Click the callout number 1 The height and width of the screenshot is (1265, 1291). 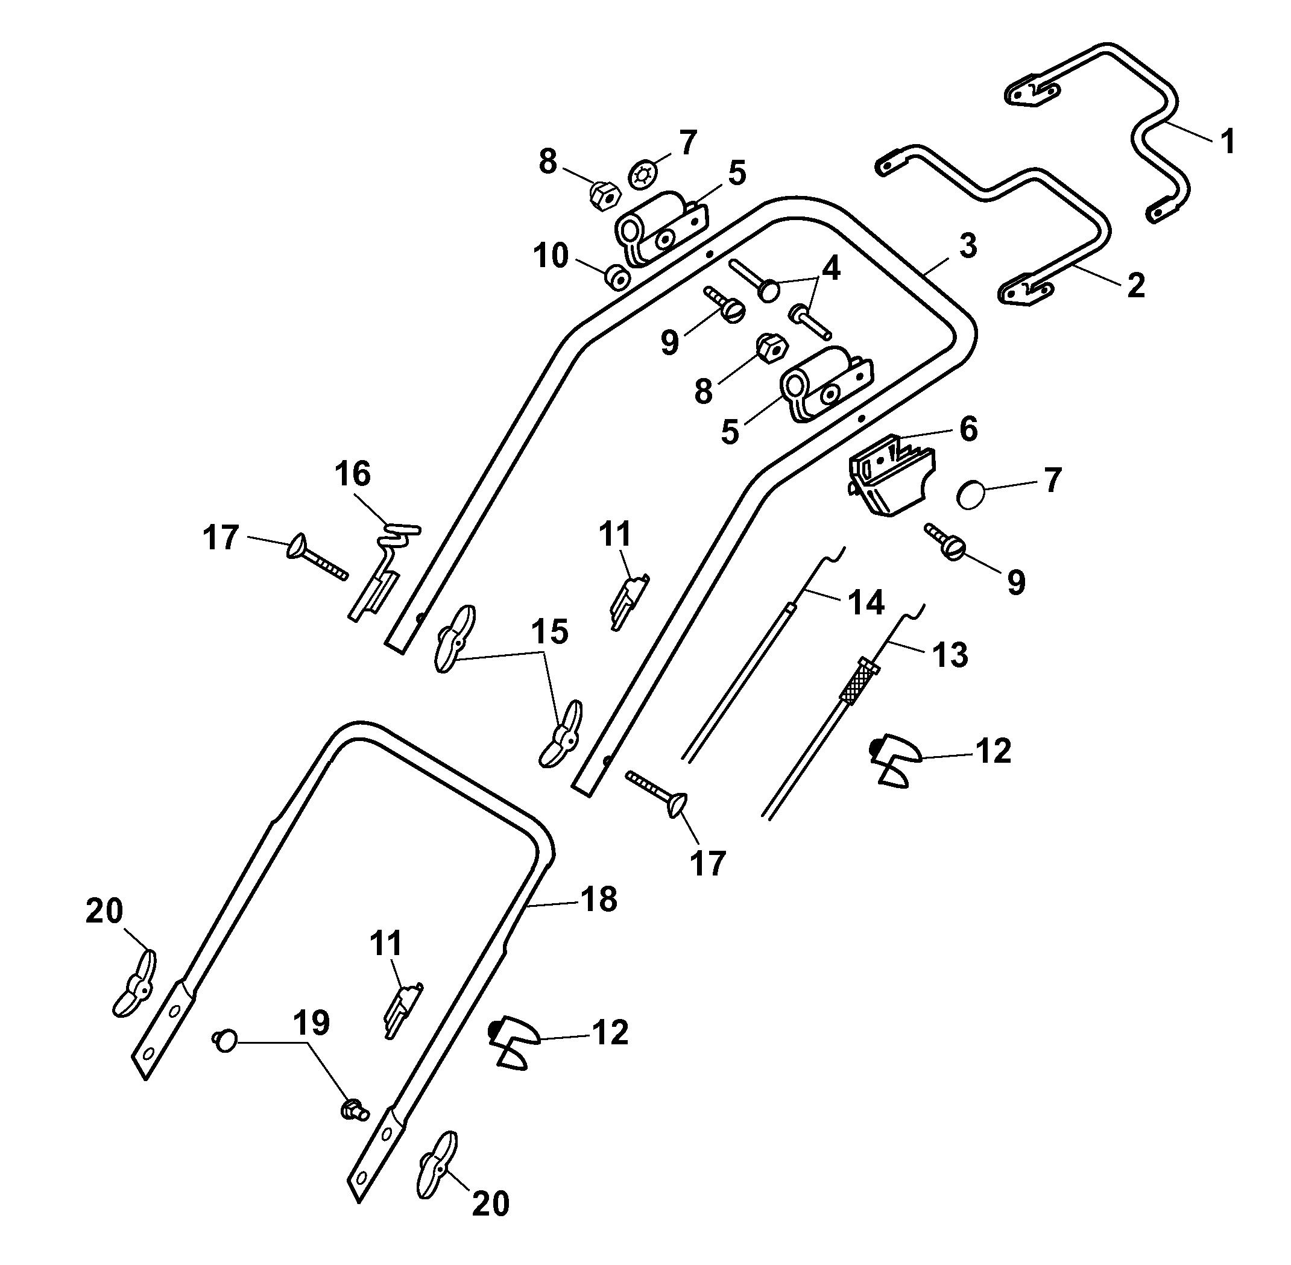[1227, 142]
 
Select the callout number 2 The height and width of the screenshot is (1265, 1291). [1135, 285]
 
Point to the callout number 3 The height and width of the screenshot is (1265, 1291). [968, 246]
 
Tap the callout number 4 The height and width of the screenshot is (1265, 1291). [830, 270]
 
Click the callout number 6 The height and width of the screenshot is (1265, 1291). [968, 429]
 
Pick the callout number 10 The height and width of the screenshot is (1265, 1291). [551, 256]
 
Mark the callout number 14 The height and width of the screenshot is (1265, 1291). [865, 602]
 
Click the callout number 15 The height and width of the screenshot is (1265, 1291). [550, 632]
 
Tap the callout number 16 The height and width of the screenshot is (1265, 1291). [352, 475]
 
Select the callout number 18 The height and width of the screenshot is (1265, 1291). [599, 900]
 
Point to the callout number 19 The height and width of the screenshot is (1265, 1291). [312, 1023]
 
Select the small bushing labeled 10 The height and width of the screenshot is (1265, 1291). [617, 279]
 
